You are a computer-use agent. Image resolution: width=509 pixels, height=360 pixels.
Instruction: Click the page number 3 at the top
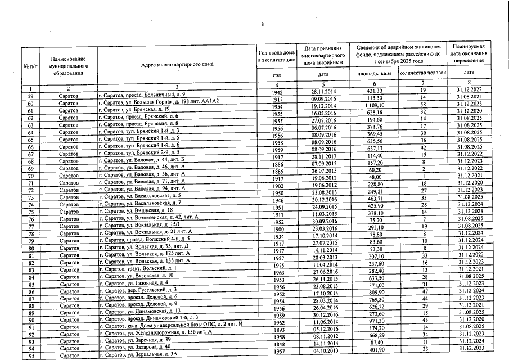click(x=263, y=24)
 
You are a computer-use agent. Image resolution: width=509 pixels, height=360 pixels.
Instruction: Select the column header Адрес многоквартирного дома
click(x=175, y=65)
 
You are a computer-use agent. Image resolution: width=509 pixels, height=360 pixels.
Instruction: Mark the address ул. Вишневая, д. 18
click(x=136, y=209)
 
